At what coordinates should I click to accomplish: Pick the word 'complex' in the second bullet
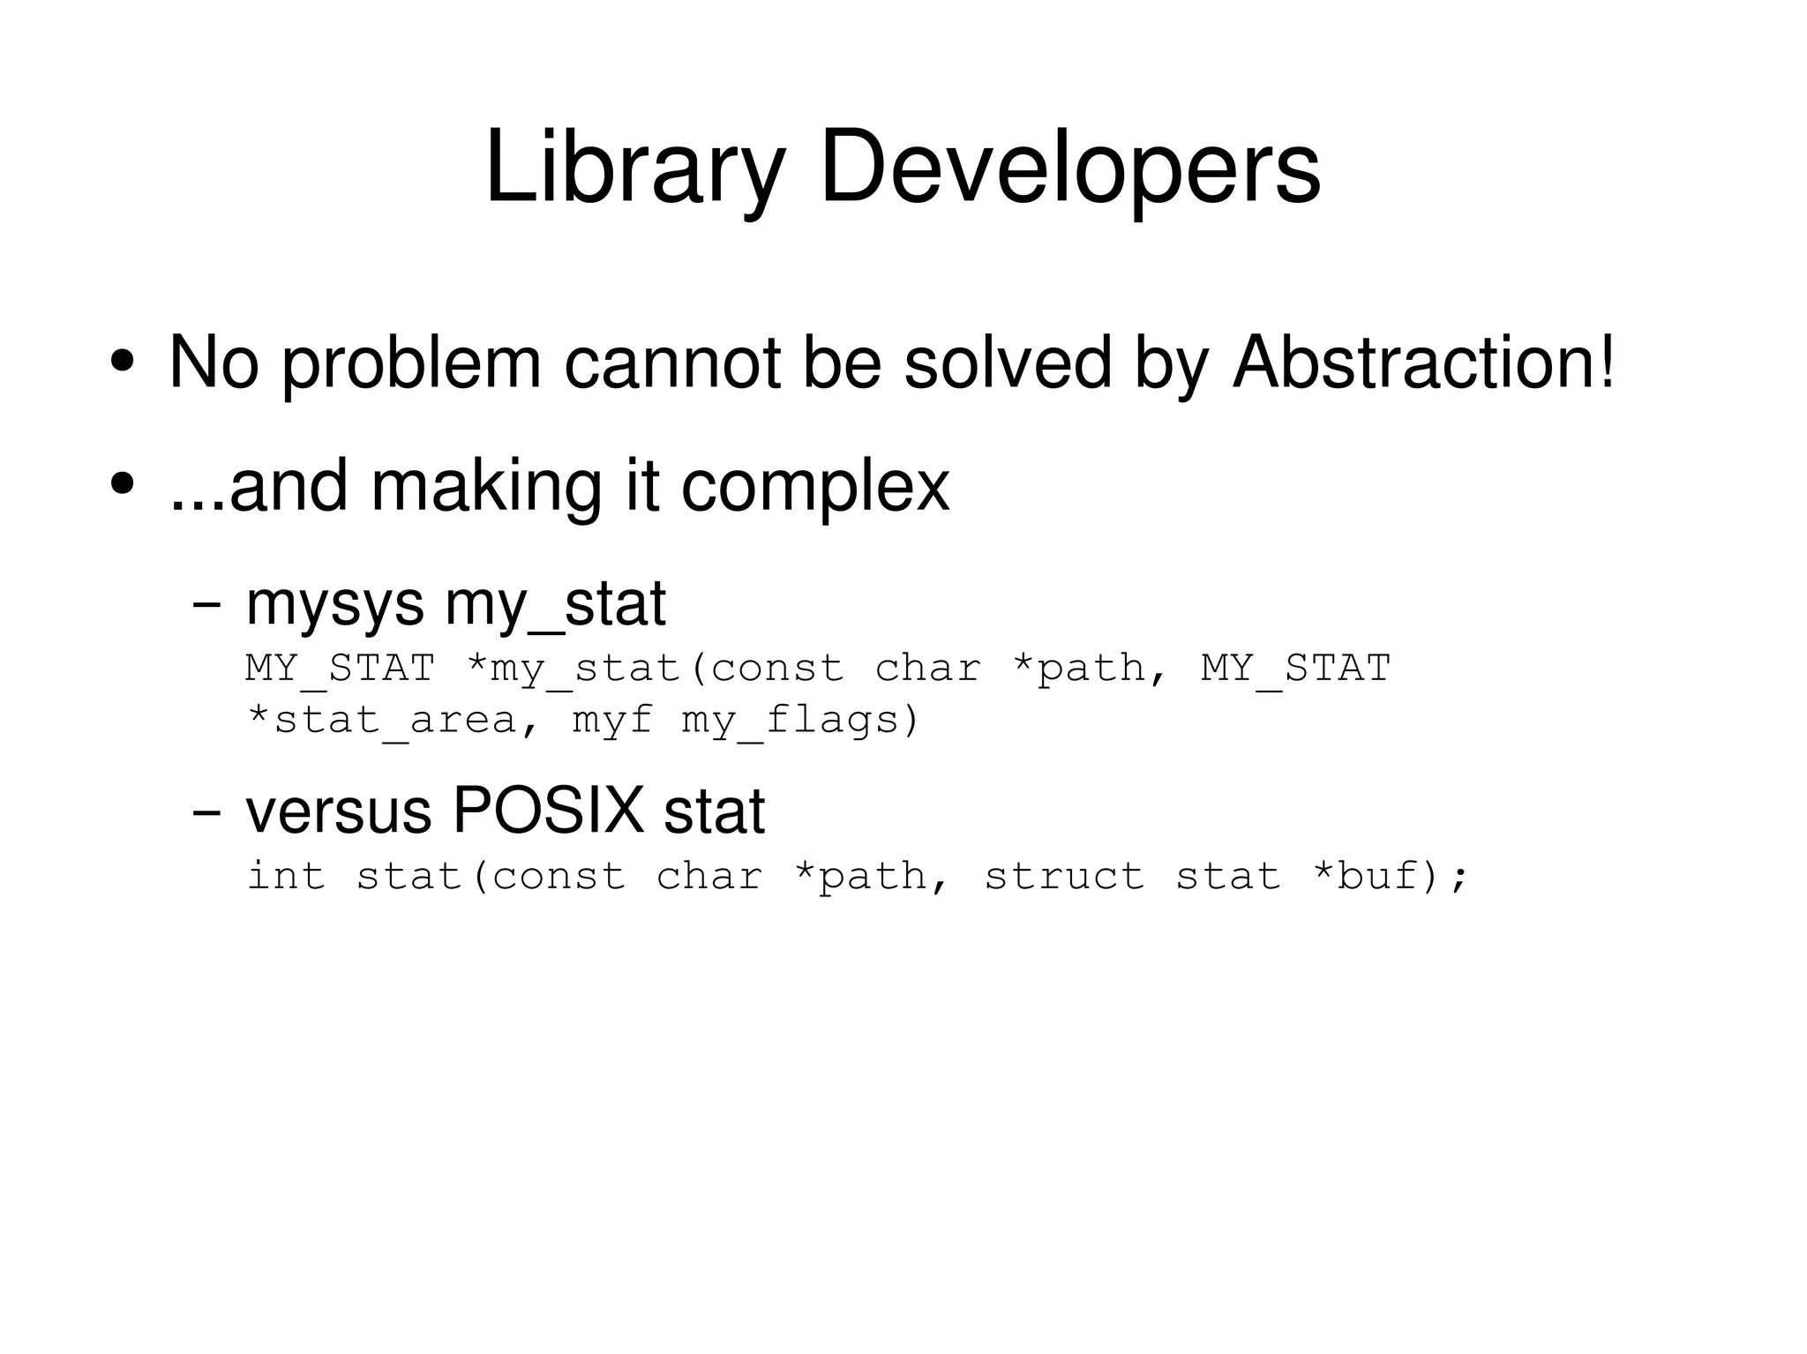814,487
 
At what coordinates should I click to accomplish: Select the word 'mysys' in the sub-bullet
334,605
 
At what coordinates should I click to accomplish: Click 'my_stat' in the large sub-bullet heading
555,605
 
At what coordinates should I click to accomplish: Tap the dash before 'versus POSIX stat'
206,812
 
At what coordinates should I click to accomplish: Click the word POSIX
548,811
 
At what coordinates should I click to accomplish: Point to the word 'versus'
338,812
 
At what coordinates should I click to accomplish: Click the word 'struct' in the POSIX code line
1064,877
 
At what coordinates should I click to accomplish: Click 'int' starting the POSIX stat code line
286,877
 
